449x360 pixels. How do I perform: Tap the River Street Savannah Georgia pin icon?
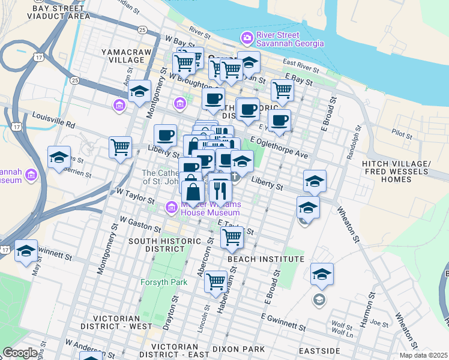pos(246,39)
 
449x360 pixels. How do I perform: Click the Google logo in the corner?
pos(20,353)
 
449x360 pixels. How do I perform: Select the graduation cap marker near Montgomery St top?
pos(139,92)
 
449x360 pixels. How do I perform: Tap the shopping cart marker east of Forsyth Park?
pos(215,280)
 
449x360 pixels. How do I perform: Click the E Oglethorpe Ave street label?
pos(279,148)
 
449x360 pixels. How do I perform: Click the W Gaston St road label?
pos(140,224)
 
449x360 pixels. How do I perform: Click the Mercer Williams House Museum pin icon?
pos(171,208)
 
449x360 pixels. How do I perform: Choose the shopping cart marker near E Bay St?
pos(282,90)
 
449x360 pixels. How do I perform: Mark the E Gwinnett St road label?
pos(284,321)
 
